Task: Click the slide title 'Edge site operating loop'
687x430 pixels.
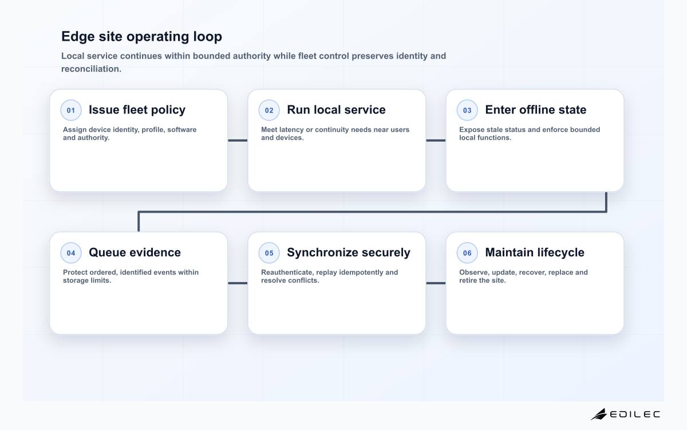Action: coord(142,37)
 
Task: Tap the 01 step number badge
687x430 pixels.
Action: coord(71,110)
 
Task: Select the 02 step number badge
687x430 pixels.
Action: coord(269,110)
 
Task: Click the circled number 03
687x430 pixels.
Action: coord(467,110)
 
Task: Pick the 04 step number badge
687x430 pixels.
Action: coord(71,253)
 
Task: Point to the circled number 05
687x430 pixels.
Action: coord(269,253)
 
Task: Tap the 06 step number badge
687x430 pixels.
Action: coord(467,253)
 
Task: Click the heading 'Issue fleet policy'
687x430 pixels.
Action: coord(137,110)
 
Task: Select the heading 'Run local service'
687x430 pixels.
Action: coord(336,110)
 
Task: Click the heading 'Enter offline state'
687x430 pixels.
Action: coord(535,110)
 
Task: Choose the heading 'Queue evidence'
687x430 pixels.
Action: coord(135,252)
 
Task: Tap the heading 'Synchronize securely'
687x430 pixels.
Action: coord(349,253)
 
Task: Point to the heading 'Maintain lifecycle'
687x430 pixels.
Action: coord(535,253)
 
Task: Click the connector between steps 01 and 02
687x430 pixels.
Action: coord(238,140)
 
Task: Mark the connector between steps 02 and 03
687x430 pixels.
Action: coord(436,140)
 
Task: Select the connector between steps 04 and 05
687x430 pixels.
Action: coord(238,283)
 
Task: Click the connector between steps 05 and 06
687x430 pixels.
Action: coord(436,283)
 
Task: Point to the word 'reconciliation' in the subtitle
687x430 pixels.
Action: coord(91,69)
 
